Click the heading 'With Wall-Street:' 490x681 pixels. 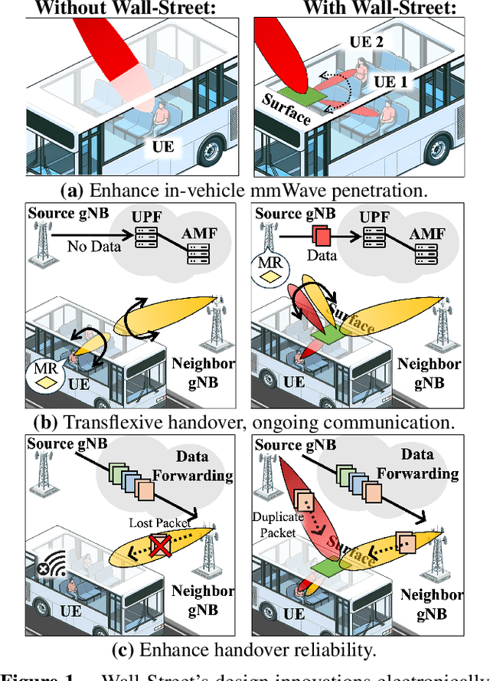click(x=370, y=8)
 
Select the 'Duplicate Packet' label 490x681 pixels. click(x=279, y=525)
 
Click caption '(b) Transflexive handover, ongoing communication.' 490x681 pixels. click(x=243, y=421)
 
